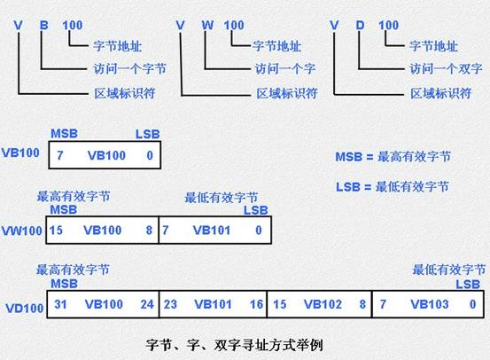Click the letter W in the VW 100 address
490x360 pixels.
point(207,25)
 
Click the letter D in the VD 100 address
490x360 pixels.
point(360,25)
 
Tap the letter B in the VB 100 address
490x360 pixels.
point(44,25)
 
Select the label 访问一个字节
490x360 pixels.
point(129,68)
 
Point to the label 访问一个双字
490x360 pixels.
point(446,68)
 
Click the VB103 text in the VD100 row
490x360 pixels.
point(430,304)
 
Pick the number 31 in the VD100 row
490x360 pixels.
point(60,304)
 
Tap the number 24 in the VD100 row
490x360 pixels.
point(147,304)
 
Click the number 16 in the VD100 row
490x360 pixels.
point(257,304)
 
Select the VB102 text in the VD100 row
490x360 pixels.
point(323,304)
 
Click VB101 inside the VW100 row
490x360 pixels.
point(212,231)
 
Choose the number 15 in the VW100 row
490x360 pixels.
point(56,231)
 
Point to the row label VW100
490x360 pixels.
point(22,231)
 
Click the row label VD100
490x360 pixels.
point(25,309)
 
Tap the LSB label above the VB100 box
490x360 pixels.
point(147,134)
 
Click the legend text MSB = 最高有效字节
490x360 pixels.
point(393,157)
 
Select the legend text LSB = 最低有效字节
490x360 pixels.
point(393,187)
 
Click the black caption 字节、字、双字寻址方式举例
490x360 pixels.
point(234,345)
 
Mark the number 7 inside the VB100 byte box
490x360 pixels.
point(59,155)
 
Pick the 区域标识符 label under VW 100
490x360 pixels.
point(287,93)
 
